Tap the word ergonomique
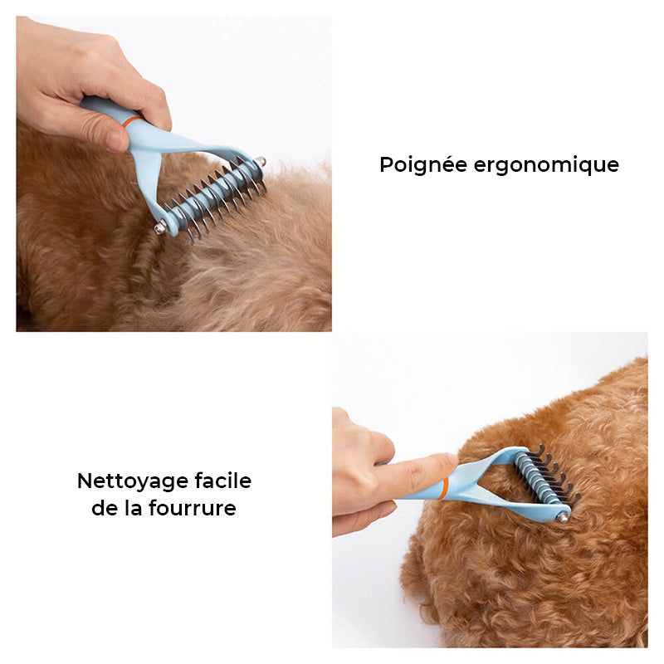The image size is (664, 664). pos(547,165)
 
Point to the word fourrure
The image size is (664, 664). pos(193,508)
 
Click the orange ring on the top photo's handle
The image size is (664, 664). pos(131,120)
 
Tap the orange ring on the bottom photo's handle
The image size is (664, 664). pos(446,486)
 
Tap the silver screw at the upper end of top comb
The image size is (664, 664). pos(260,162)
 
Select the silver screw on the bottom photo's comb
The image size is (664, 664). pos(562,516)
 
